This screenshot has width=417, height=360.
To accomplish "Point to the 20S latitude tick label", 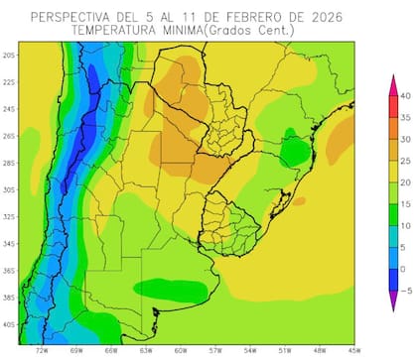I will coord(10,56).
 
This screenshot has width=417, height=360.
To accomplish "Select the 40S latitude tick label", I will coord(10,323).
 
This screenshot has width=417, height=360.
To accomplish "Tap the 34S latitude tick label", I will coord(10,243).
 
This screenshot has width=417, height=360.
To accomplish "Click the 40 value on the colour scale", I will coord(405,95).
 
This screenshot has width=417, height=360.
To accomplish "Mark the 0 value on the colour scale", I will coord(405,269).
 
